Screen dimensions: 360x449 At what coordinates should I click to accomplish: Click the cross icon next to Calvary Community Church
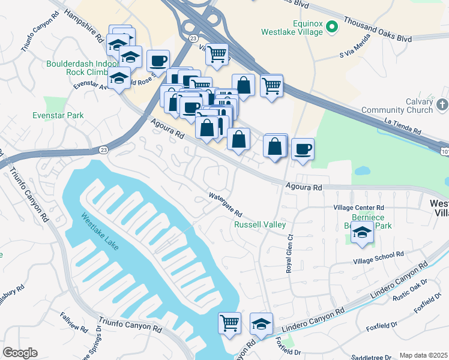coord(442,106)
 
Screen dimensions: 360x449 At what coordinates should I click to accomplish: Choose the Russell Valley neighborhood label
coord(259,225)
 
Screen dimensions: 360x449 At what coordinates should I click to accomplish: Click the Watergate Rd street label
coord(224,205)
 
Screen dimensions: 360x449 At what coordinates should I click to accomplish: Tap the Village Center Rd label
coord(358,208)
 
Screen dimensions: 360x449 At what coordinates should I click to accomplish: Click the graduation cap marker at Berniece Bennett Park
coord(362,233)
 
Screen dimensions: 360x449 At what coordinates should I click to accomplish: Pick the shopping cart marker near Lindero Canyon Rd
coord(229,323)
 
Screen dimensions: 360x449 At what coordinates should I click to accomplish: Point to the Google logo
coord(20,353)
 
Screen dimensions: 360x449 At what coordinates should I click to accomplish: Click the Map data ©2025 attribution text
coord(423,355)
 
